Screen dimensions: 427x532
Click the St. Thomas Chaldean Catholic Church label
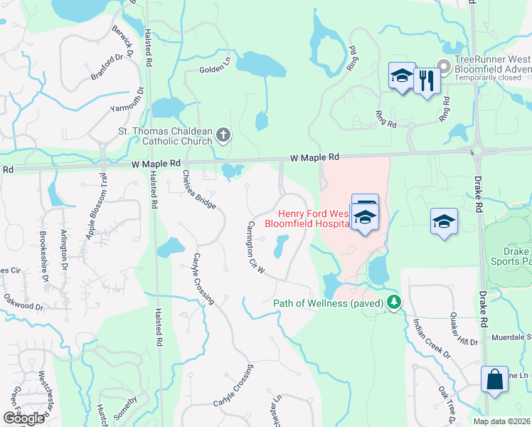[x=165, y=135]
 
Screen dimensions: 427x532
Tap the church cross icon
[x=223, y=135]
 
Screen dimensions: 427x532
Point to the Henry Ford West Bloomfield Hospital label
[x=313, y=218]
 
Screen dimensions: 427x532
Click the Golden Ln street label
[x=216, y=69]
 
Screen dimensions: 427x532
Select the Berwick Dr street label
[x=122, y=41]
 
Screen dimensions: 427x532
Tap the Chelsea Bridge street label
[x=198, y=190]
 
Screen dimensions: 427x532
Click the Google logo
[x=23, y=418]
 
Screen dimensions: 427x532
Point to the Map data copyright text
[x=501, y=421]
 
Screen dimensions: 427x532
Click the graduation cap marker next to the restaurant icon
[x=401, y=75]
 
